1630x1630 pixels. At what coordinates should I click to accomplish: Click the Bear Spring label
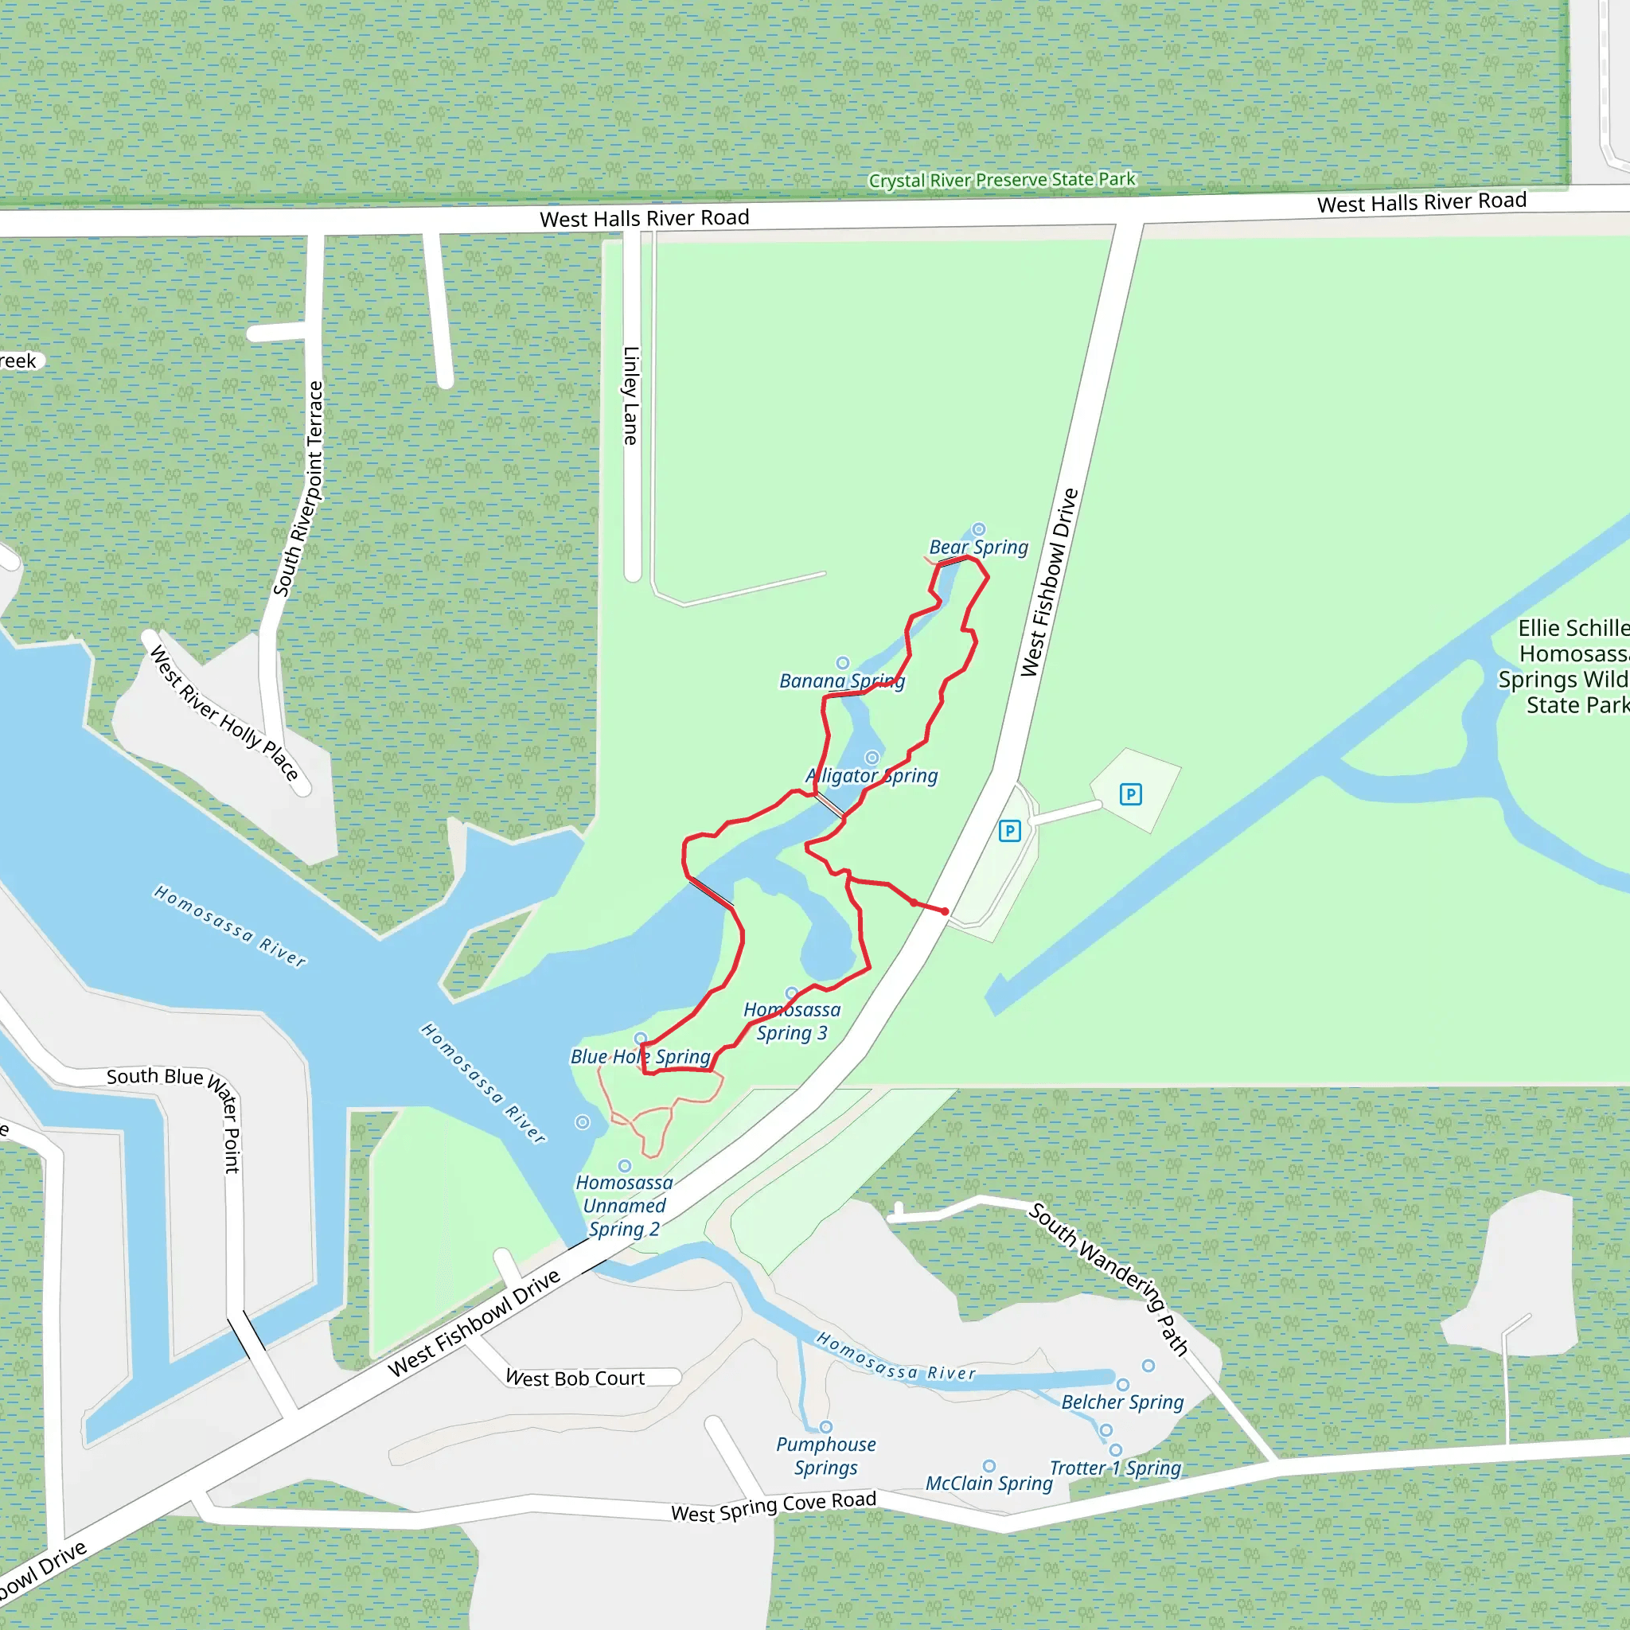[x=979, y=548]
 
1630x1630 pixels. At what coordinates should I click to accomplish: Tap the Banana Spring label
[x=841, y=680]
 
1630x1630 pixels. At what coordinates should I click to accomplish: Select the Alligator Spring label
[x=872, y=775]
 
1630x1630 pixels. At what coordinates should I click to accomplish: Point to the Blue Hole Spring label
[x=641, y=1056]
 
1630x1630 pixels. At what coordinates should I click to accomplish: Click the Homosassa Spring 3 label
[x=791, y=1021]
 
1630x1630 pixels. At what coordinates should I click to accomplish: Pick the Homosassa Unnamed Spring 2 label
[x=623, y=1206]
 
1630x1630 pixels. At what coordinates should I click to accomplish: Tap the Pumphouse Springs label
[x=825, y=1456]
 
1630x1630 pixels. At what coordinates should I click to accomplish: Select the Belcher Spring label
[x=1122, y=1402]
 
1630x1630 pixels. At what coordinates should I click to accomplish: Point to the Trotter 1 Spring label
[x=1114, y=1468]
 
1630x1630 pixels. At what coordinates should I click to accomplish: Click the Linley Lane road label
[x=630, y=396]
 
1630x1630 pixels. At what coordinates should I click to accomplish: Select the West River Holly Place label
[x=224, y=714]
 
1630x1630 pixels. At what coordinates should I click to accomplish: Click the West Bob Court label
[x=575, y=1378]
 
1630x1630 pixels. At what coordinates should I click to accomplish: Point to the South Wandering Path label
[x=1108, y=1279]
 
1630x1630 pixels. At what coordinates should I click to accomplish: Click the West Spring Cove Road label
[x=773, y=1506]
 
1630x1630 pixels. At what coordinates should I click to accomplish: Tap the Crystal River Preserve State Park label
[x=1001, y=180]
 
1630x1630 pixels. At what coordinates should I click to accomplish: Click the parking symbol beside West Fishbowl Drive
[x=1009, y=831]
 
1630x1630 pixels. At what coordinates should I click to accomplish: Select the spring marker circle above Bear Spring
[x=979, y=530]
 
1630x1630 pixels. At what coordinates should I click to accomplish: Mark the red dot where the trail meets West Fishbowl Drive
[x=945, y=911]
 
